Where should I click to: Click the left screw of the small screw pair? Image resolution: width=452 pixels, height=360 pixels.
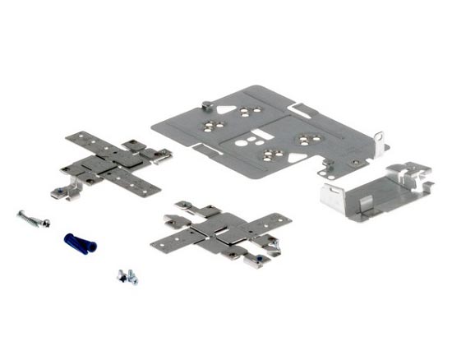tap(121, 276)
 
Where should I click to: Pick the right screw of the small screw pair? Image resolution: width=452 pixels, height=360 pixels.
tap(131, 279)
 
